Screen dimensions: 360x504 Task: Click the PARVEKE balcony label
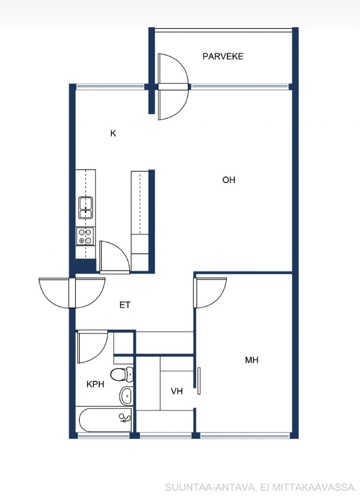(x=223, y=56)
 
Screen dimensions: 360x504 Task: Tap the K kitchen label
(x=113, y=134)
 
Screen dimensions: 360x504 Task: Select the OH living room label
(x=229, y=180)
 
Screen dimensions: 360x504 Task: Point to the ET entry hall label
(x=125, y=305)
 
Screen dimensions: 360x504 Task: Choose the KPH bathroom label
(x=95, y=384)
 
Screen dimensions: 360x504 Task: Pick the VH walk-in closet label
(x=176, y=391)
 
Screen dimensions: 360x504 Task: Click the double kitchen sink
(x=86, y=207)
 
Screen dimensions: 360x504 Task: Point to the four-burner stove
(x=86, y=236)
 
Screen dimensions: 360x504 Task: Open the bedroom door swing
(x=210, y=292)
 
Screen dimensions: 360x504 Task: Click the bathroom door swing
(x=92, y=347)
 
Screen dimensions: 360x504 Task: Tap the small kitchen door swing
(x=115, y=257)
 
